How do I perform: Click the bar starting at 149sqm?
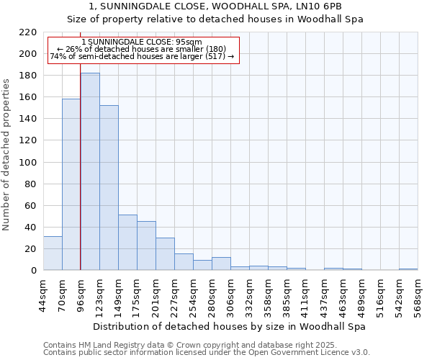click(x=127, y=242)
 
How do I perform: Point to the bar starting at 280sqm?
click(x=221, y=264)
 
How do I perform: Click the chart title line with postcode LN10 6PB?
click(x=216, y=6)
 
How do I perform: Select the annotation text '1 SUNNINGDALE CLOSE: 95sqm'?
click(x=142, y=42)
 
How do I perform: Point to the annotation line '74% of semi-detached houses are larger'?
click(x=142, y=56)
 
